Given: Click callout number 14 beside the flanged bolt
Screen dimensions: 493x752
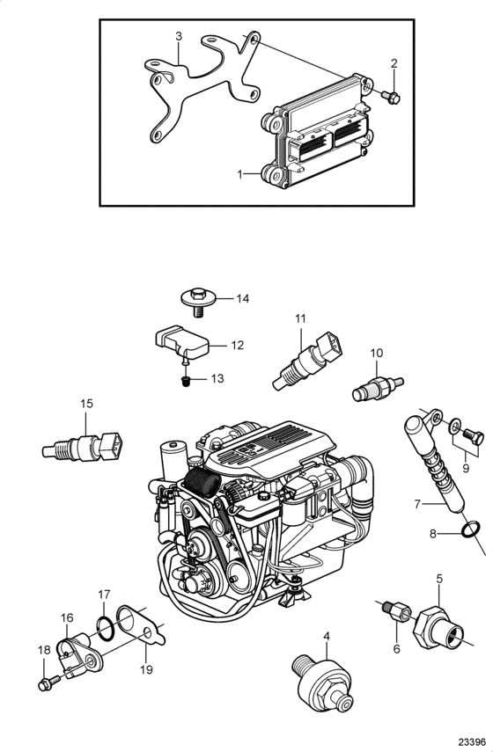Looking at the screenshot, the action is tap(243, 299).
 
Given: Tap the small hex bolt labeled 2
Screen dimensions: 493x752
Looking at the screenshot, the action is tap(391, 98).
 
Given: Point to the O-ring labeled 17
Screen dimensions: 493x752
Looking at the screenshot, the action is tap(106, 629).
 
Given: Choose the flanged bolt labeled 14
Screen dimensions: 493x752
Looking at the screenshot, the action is tap(199, 301).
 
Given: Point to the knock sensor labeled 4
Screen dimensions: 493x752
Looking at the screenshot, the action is tap(322, 682).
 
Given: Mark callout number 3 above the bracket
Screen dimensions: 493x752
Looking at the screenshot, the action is tap(179, 36).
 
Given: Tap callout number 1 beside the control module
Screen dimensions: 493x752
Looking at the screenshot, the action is tap(240, 174).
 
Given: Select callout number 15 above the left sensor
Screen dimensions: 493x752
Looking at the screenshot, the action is tap(86, 404).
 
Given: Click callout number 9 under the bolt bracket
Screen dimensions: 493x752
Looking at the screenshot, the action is tap(465, 468).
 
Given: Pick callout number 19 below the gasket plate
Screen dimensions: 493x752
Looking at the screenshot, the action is tap(146, 669).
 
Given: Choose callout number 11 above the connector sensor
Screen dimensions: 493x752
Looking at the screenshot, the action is tap(300, 318).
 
